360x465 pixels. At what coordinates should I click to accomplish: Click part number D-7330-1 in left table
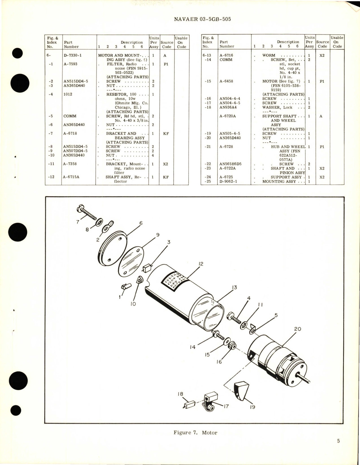click(x=73, y=55)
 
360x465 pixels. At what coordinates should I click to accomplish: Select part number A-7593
click(x=70, y=64)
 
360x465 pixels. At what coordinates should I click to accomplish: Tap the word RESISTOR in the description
click(x=117, y=94)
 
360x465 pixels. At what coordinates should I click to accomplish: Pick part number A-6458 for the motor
click(x=226, y=81)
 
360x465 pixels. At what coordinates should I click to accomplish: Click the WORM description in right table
click(x=269, y=55)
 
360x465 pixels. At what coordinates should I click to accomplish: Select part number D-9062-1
click(x=229, y=181)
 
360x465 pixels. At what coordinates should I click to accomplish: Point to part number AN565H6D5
click(x=230, y=164)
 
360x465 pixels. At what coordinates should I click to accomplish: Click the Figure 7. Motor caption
click(x=195, y=433)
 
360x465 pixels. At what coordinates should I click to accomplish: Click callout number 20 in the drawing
click(x=298, y=329)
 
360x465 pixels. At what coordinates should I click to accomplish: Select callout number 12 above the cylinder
click(x=201, y=264)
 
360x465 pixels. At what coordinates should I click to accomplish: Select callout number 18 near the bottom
click(x=180, y=394)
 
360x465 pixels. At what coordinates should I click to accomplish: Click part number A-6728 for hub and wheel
click(x=226, y=147)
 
